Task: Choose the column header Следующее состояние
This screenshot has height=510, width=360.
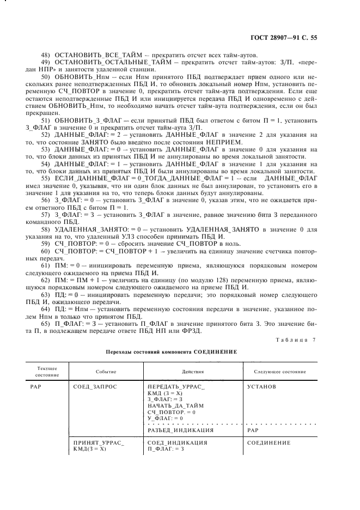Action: [279, 372]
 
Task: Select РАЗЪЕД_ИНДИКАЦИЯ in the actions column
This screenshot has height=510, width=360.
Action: [180, 430]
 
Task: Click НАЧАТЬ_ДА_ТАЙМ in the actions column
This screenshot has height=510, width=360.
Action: [175, 406]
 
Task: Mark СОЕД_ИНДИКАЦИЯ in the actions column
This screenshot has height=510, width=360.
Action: [177, 443]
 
